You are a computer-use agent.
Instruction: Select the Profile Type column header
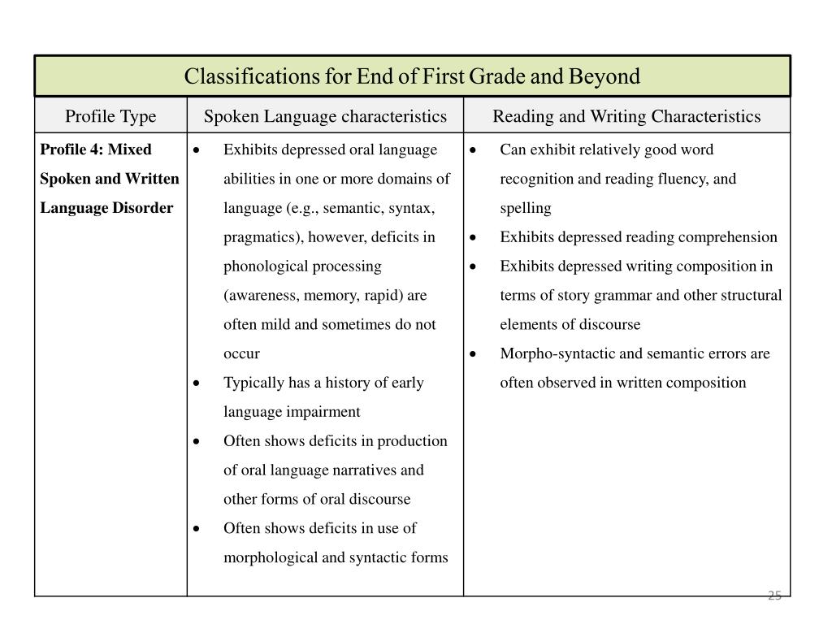[x=110, y=116]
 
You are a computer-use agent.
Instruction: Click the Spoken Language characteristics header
[x=325, y=116]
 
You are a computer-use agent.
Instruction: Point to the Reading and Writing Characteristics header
[x=626, y=116]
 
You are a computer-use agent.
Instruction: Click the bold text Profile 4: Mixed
[x=96, y=149]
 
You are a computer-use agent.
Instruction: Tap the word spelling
[x=526, y=208]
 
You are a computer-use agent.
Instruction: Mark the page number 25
[x=774, y=596]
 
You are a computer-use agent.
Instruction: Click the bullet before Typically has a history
[x=197, y=383]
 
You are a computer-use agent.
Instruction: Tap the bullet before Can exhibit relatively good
[x=474, y=149]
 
